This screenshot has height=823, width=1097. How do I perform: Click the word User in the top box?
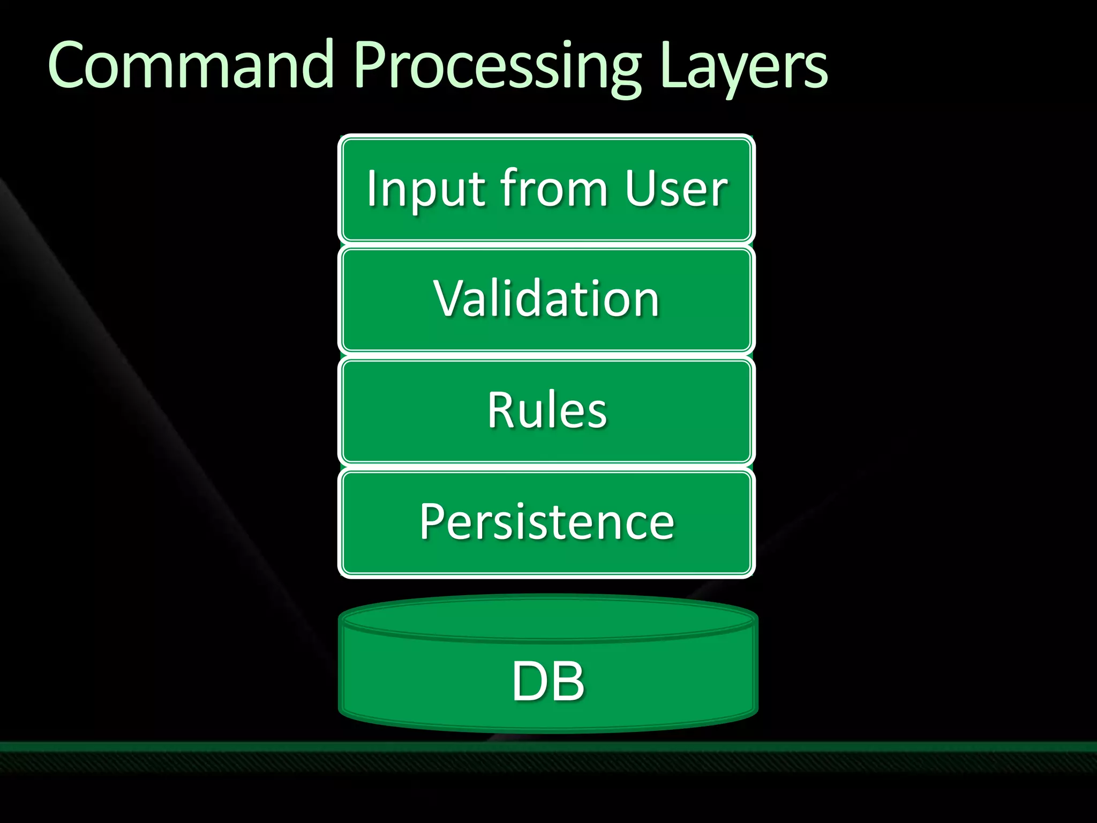click(x=676, y=189)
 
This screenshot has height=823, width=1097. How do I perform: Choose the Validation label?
click(x=546, y=299)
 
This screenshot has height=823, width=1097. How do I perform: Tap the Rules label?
click(x=546, y=410)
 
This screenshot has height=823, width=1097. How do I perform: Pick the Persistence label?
click(x=546, y=522)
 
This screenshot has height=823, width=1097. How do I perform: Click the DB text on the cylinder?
click(x=547, y=682)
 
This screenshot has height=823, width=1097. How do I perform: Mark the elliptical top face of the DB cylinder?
click(x=547, y=619)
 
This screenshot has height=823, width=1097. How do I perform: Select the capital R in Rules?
click(x=502, y=410)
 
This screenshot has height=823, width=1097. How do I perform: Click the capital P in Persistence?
click(x=434, y=522)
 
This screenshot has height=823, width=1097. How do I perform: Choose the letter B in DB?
click(x=568, y=682)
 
